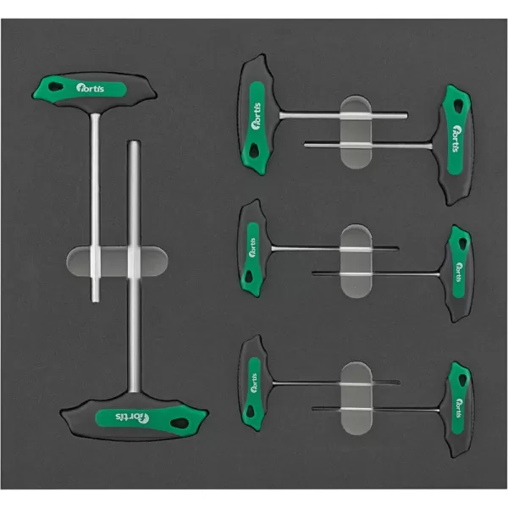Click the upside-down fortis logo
click(x=132, y=417)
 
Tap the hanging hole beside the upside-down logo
click(x=179, y=423)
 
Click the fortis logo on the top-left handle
click(x=91, y=88)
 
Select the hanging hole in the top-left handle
click(x=54, y=87)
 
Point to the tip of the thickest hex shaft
click(x=135, y=141)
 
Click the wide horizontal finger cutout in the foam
click(x=117, y=261)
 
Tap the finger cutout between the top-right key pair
click(x=356, y=132)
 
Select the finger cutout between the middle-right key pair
click(x=356, y=261)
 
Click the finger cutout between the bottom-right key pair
click(x=356, y=398)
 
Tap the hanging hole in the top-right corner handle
click(x=458, y=105)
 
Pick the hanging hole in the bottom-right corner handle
click(x=462, y=380)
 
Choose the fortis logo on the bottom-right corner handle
click(x=460, y=408)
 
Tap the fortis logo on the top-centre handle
click(x=256, y=116)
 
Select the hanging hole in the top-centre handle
click(x=254, y=151)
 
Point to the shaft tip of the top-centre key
click(x=406, y=115)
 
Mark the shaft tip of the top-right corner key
click(x=305, y=145)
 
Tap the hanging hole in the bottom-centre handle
click(x=250, y=411)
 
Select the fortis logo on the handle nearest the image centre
click(x=252, y=247)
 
